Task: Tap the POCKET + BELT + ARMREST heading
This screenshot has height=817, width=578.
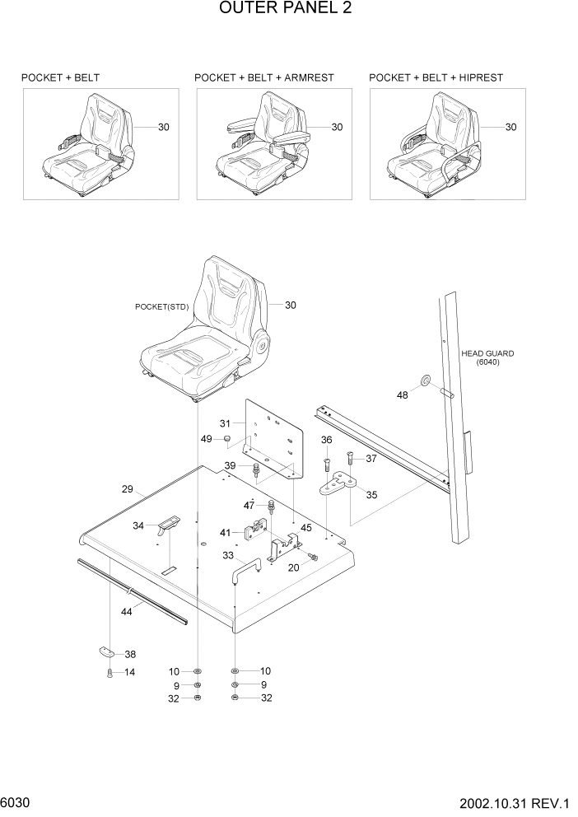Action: pos(263,77)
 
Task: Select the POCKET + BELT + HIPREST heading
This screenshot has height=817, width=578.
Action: pos(436,77)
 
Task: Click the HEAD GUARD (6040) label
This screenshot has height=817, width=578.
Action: pos(481,357)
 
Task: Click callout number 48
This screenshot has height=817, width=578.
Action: pos(403,395)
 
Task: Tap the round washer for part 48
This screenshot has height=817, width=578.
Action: pos(426,380)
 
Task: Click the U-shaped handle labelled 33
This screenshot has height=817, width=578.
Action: pos(246,569)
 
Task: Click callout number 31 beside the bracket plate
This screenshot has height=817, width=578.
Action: pos(234,425)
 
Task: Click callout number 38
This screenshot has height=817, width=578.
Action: pos(130,655)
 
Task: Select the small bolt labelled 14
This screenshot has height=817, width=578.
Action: pos(110,674)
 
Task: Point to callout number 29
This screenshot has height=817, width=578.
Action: pos(128,489)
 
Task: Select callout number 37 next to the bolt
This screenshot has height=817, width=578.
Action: pos(371,459)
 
